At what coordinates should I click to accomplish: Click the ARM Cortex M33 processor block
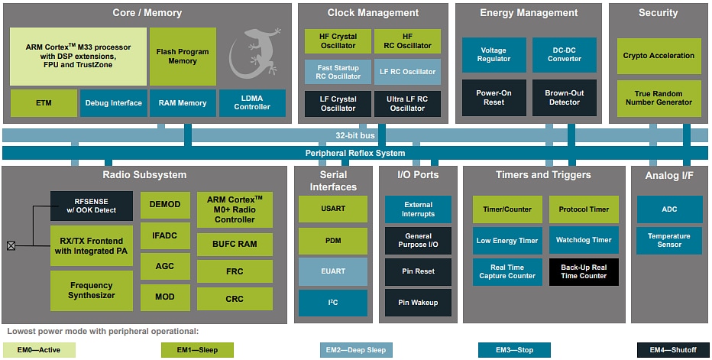78,57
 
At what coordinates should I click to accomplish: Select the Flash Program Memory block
183,57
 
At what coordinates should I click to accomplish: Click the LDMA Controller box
252,102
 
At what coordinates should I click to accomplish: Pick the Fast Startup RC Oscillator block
338,72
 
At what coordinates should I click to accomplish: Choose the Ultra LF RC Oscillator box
407,103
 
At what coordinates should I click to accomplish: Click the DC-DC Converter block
564,55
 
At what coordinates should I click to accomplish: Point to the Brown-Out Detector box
564,98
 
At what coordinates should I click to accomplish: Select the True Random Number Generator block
659,98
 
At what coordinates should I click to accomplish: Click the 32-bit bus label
354,135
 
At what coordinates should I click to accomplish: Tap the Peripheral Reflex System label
354,153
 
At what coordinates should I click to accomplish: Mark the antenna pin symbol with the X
11,245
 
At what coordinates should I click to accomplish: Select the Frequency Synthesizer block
91,290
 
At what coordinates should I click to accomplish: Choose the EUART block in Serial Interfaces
332,271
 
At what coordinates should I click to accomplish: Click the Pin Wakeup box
418,303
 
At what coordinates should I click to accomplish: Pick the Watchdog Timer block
584,240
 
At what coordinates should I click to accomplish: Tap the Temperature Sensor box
668,241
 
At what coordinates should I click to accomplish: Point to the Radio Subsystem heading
144,175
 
